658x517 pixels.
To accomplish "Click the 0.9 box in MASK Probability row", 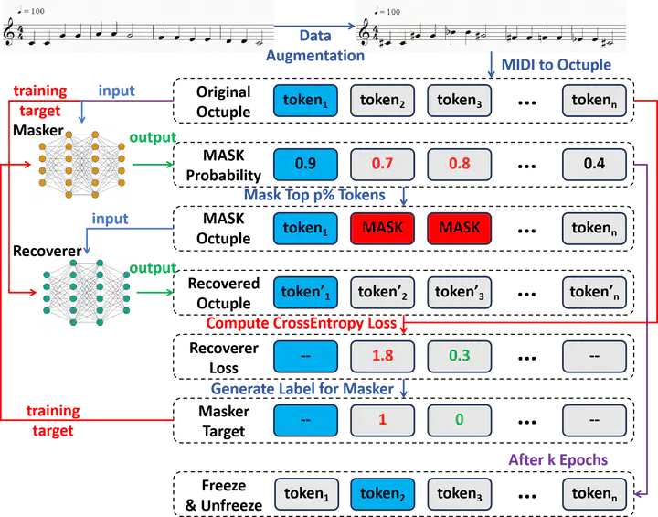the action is pos(305,164).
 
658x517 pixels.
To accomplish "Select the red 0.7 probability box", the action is pos(382,164).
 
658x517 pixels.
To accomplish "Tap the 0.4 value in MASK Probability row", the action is pos(594,164).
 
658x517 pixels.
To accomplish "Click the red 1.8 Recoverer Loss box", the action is pos(382,357).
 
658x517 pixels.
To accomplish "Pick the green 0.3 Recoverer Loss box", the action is pos(459,357).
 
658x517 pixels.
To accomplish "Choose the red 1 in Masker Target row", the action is pos(382,420).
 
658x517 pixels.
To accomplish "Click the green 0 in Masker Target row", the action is pos(459,420).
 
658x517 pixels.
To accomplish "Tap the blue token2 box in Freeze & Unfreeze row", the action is pos(382,494).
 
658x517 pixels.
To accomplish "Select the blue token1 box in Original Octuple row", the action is pos(305,101).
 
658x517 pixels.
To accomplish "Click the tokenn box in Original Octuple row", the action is pos(594,101).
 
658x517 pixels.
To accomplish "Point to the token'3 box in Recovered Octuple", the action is pos(459,293).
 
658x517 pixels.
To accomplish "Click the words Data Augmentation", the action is pos(315,46).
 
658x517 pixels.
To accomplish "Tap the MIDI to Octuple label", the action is pos(557,65).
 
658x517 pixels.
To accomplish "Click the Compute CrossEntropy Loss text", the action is pos(302,323).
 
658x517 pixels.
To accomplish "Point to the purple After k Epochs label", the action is pos(558,460).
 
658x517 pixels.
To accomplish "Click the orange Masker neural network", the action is pos(82,165).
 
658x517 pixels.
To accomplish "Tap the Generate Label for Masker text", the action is pos(302,389).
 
